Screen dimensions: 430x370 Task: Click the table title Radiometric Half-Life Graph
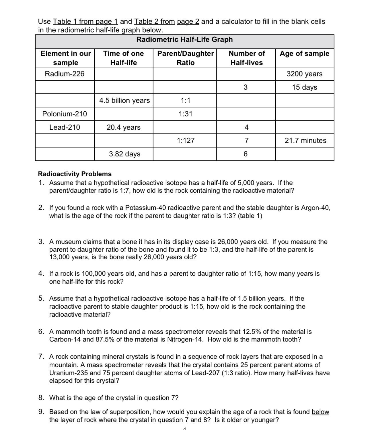(x=184, y=40)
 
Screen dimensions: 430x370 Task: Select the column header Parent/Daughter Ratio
(x=185, y=58)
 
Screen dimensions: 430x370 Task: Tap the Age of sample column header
(x=304, y=54)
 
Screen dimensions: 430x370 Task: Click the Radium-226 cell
(x=65, y=74)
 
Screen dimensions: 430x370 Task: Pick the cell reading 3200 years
(x=304, y=74)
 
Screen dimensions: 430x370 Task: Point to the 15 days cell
(x=304, y=87)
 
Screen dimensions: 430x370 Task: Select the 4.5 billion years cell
(x=124, y=100)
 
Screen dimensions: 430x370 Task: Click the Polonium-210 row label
(x=65, y=114)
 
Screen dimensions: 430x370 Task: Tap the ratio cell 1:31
(x=185, y=114)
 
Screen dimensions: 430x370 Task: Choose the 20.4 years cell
(x=124, y=127)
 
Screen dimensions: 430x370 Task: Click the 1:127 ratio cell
(x=186, y=141)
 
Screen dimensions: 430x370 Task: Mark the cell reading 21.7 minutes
(x=305, y=141)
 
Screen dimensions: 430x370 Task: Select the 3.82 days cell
(x=124, y=154)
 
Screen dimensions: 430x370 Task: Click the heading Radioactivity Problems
(x=75, y=174)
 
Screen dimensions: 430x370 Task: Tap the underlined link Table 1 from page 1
(x=85, y=21)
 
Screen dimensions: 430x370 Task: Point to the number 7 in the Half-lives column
(x=246, y=141)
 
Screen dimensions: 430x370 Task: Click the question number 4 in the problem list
(x=41, y=274)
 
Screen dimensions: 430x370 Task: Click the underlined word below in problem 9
(x=320, y=412)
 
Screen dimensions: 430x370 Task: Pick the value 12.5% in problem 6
(x=252, y=332)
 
